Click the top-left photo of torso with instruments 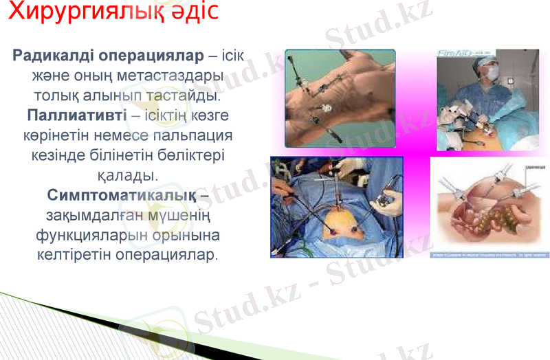340,98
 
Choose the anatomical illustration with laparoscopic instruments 489,207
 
